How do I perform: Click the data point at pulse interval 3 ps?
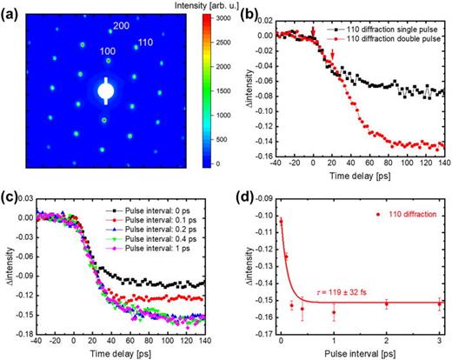tap(440, 303)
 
